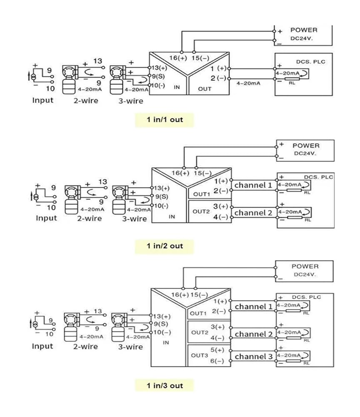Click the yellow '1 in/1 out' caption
pos(165,120)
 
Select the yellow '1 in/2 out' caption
pos(165,246)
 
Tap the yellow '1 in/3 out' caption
pos(165,386)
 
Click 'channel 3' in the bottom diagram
pos(254,357)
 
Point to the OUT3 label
pos(200,355)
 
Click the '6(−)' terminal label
pos(217,361)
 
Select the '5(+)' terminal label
pos(217,350)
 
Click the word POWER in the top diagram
pos(304,30)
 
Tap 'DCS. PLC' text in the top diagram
pos(310,62)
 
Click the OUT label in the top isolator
pos(205,89)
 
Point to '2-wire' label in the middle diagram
pos(90,219)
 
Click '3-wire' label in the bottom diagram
pos(130,347)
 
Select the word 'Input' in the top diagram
pos(43,100)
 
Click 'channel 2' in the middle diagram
pos(253,213)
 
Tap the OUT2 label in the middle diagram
pos(201,211)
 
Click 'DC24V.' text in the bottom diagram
pos(305,274)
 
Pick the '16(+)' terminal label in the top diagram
pos(178,58)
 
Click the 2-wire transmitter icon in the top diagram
pos(70,79)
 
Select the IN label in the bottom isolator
pos(166,342)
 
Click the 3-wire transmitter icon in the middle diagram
pos(120,200)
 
